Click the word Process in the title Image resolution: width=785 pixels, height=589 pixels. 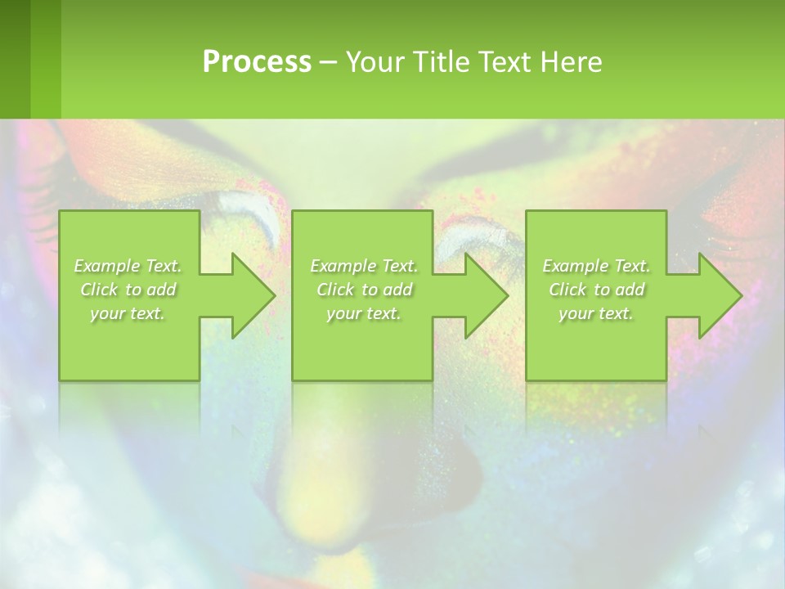click(x=257, y=62)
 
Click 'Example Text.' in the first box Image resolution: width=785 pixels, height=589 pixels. click(x=128, y=266)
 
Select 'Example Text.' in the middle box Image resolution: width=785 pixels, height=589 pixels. click(x=364, y=266)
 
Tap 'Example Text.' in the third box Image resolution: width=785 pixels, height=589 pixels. click(x=596, y=266)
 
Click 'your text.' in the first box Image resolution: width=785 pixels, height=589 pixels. click(x=128, y=313)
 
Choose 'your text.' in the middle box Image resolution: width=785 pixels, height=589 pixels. click(x=364, y=313)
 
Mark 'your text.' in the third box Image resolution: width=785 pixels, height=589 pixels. click(x=596, y=313)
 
